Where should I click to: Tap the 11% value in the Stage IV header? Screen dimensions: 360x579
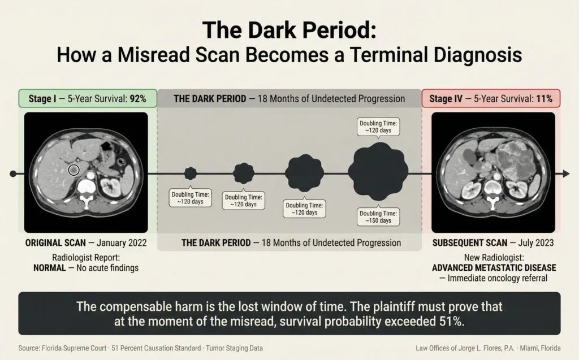pos(544,98)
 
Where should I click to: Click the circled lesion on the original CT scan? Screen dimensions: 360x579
pos(73,169)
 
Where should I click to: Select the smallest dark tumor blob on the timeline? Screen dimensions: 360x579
pos(191,174)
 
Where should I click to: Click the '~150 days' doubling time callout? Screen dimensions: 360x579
pos(378,216)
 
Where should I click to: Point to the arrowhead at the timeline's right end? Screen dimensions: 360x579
pos(565,174)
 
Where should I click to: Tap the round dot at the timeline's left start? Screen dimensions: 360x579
pos(13,174)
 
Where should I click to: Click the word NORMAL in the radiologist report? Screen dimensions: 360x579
pos(49,268)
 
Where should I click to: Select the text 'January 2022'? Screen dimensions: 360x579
pos(122,243)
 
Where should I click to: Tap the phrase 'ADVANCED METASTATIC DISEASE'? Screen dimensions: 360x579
pos(494,267)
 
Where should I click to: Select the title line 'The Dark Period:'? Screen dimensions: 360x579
pos(289,30)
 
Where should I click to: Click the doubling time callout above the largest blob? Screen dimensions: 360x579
pos(378,126)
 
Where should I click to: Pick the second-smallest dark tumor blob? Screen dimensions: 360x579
pos(244,173)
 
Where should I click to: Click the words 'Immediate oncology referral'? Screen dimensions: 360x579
pos(498,278)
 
